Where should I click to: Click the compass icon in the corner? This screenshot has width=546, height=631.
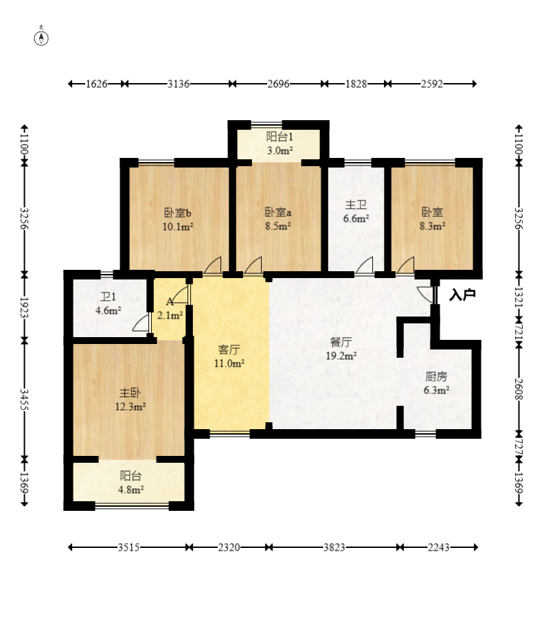pos(41,36)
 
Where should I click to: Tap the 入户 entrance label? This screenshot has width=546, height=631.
pos(462,295)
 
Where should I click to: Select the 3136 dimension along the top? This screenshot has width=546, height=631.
pos(179,84)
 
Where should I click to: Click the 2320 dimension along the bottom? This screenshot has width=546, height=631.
pos(229,547)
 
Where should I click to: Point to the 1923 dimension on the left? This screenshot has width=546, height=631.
pos(25,308)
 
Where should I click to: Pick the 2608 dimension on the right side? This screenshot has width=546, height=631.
pos(519,389)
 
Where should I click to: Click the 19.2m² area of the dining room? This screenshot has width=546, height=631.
pos(341,356)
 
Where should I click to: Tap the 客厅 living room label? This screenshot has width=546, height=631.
pos(229,349)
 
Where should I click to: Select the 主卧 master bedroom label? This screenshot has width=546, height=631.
pos(130,392)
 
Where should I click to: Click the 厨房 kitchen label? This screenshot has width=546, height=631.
pos(436,376)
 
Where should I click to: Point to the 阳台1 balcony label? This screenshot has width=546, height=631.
pos(280,137)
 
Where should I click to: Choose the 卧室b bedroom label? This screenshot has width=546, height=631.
pos(178,212)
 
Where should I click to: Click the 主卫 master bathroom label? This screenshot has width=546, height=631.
pos(356,205)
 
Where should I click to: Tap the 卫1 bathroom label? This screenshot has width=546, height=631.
pos(108,297)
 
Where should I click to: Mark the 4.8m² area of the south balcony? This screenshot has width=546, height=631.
pos(131,490)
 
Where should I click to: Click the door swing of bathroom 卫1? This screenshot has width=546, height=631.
pos(141,324)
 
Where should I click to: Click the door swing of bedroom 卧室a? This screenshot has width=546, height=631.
pos(253,266)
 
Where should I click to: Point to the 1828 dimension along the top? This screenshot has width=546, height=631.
pos(356,84)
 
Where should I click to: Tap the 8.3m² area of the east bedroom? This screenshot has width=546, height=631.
pos(433,226)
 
